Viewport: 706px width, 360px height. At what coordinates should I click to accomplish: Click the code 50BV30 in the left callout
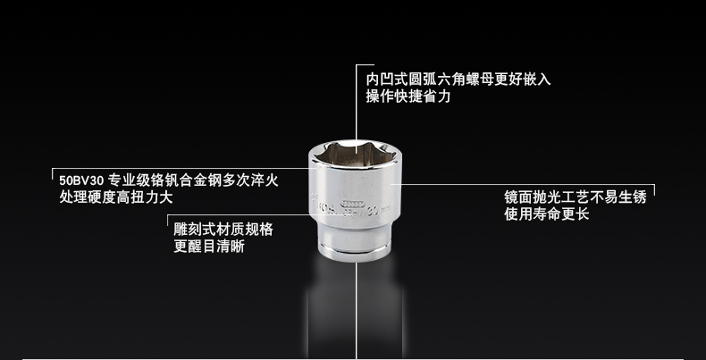[81, 181]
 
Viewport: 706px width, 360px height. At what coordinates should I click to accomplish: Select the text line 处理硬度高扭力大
[116, 197]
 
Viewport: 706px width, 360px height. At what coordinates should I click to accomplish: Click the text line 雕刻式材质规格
[223, 230]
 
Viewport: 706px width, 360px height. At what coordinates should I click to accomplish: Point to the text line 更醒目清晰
[209, 247]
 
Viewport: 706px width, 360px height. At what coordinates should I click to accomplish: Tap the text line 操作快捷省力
[408, 96]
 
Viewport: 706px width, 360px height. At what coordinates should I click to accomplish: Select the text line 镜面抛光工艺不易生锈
[576, 197]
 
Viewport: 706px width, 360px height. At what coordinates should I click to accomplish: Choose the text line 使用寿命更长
[547, 214]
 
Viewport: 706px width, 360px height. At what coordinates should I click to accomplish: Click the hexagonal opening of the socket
[355, 154]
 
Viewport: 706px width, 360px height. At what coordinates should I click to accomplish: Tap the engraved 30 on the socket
[373, 210]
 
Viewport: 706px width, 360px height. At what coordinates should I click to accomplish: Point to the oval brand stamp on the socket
[351, 203]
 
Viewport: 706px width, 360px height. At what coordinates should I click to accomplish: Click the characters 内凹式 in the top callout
[387, 80]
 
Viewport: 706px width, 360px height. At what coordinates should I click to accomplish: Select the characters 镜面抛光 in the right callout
[533, 197]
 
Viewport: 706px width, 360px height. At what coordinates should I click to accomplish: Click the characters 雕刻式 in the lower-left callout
[195, 230]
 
